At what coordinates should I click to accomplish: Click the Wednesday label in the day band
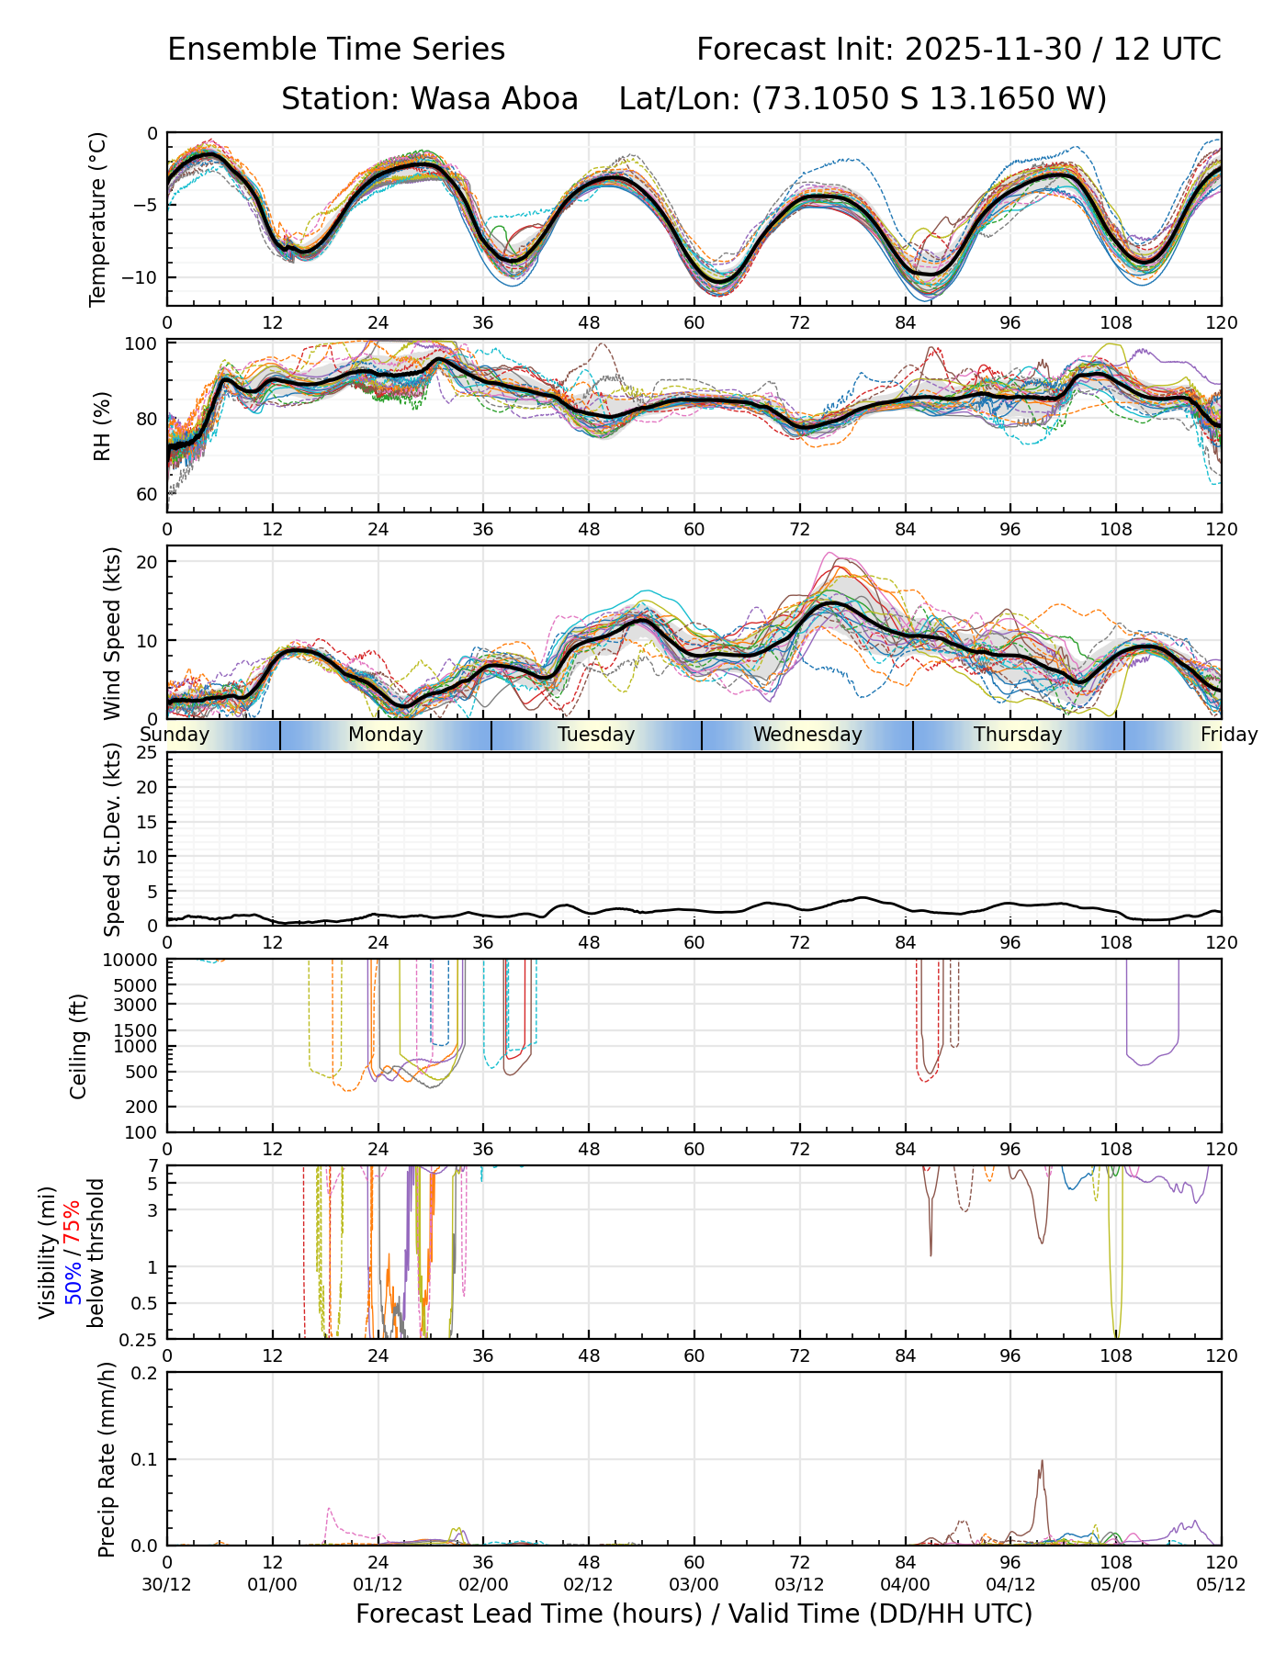(807, 735)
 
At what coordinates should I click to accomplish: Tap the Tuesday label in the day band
(596, 735)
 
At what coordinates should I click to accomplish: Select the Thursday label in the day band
(1018, 735)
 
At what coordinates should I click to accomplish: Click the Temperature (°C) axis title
(98, 219)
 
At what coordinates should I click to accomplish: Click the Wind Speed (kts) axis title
(112, 633)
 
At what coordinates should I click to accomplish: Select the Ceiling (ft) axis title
(80, 1046)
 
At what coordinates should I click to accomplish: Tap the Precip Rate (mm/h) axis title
(107, 1459)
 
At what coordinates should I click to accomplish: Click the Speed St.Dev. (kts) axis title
(112, 838)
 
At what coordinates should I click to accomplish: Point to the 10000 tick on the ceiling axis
(133, 961)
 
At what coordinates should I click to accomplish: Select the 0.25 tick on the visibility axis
(141, 1338)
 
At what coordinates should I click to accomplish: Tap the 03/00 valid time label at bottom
(694, 1585)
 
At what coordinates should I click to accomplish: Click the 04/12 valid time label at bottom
(1010, 1585)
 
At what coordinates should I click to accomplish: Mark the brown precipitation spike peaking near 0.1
(1042, 1462)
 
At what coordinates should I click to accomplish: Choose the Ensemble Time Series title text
(336, 50)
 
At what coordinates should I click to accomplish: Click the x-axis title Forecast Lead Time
(694, 1614)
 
